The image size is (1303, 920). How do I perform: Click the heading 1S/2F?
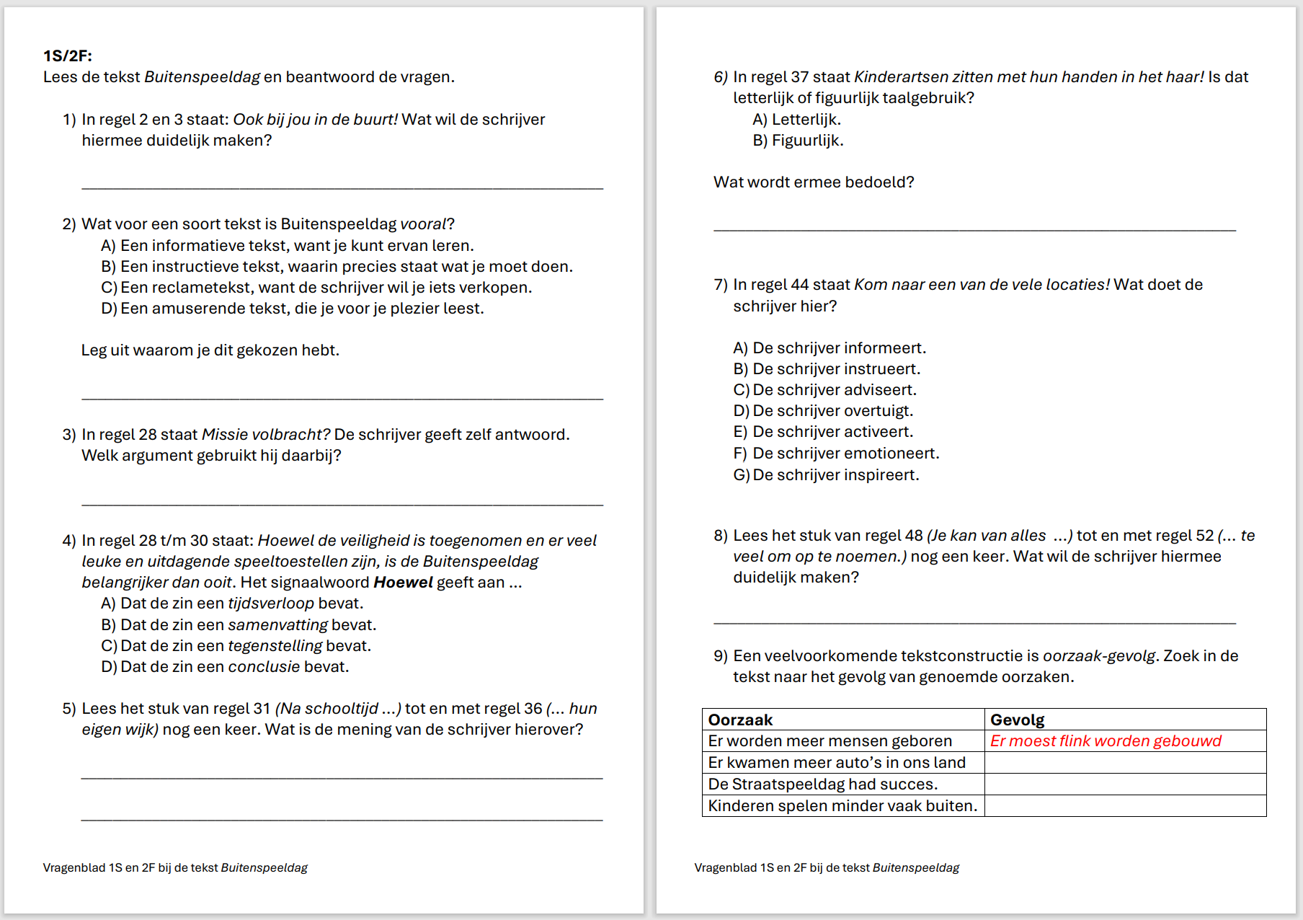coord(68,56)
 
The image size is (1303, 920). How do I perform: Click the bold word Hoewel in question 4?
coord(403,583)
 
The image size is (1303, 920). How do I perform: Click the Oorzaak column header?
coord(740,720)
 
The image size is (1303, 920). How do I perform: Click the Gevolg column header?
coord(1017,720)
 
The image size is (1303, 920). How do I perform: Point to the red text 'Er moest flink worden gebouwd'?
coord(1106,741)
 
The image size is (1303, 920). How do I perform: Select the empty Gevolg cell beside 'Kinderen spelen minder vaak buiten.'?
coord(1124,806)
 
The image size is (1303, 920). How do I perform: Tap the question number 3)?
coord(69,435)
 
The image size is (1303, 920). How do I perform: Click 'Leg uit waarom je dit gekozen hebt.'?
coord(210,350)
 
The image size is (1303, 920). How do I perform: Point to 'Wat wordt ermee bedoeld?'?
coord(814,182)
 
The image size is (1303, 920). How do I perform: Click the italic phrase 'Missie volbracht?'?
coord(266,435)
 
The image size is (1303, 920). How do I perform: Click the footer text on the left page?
coord(175,868)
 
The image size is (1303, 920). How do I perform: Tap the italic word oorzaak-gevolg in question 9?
coord(1099,656)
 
